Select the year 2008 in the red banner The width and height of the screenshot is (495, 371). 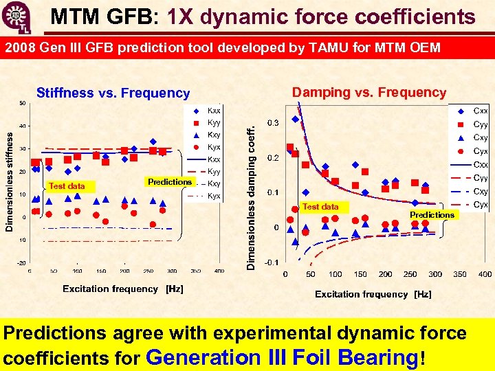[21, 48]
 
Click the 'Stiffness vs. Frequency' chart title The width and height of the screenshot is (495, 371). [113, 93]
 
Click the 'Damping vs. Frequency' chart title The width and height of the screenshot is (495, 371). [369, 92]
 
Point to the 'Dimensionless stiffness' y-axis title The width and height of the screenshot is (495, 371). [9, 182]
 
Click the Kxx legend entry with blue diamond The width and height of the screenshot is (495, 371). [207, 111]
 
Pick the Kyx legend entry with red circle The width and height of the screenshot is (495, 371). [207, 147]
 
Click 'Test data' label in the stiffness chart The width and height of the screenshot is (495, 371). [67, 185]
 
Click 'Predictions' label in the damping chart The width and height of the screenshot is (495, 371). [432, 215]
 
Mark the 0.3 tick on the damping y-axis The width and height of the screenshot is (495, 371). [273, 123]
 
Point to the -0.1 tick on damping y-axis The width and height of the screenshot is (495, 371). [272, 262]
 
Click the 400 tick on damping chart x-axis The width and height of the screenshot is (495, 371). [485, 274]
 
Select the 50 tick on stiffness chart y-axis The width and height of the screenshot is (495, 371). [22, 104]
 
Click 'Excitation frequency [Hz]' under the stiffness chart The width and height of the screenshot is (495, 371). [123, 289]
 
